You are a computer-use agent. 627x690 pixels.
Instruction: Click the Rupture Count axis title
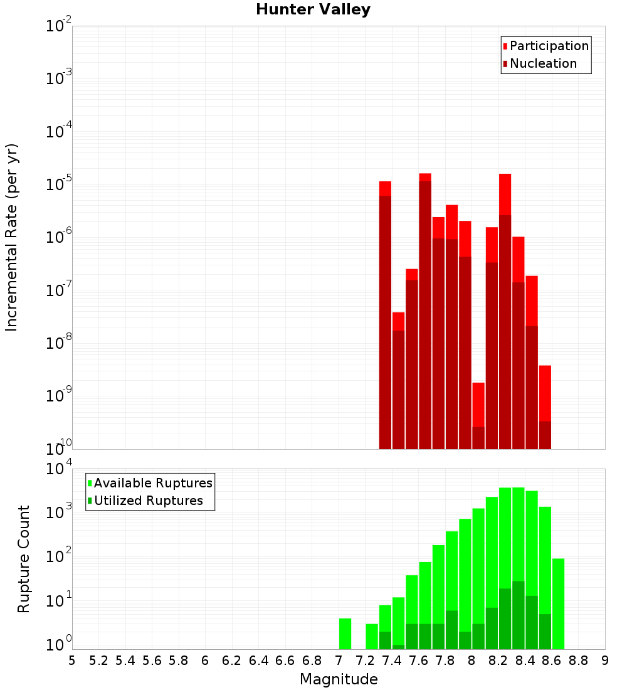[24, 559]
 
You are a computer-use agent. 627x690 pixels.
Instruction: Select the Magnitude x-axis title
[339, 679]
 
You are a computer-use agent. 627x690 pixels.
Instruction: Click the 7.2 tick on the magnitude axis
[365, 660]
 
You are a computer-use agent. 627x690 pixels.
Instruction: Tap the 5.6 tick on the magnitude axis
[152, 660]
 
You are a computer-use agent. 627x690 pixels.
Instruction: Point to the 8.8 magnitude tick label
[578, 660]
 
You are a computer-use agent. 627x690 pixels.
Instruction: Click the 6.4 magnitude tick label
[258, 660]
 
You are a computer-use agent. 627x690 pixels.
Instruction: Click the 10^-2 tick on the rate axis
[59, 26]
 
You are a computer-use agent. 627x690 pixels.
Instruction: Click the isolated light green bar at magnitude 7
[345, 634]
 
